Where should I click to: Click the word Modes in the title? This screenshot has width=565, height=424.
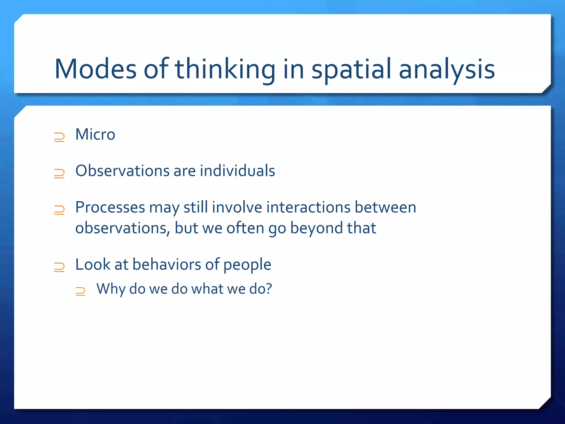(x=95, y=69)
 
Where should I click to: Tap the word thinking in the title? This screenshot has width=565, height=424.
(x=225, y=69)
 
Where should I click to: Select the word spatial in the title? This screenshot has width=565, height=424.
(x=351, y=69)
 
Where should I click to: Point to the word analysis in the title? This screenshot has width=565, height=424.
(x=447, y=69)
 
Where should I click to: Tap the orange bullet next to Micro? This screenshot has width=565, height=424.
(x=59, y=137)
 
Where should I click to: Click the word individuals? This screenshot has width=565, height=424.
(x=237, y=171)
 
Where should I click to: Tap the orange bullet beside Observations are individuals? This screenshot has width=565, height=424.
(x=59, y=174)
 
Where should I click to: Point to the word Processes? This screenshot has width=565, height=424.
(x=110, y=208)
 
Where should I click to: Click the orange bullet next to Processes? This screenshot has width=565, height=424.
(x=59, y=210)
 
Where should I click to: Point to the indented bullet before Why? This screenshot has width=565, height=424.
(x=80, y=291)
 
